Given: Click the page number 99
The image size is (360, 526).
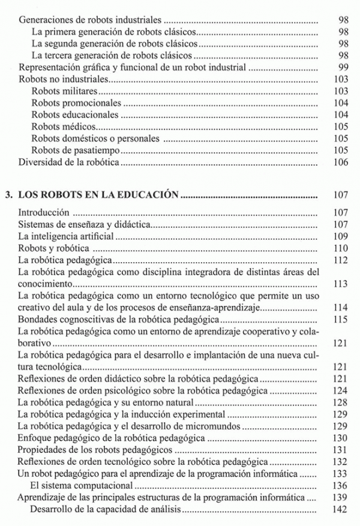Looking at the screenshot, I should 343,67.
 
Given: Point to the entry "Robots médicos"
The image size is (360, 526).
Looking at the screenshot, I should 63,126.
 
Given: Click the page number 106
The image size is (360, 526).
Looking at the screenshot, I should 340,161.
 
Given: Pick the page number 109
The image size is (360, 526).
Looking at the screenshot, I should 340,236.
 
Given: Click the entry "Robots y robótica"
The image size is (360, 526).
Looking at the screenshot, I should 53,248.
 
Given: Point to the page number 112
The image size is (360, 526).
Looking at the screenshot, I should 340,260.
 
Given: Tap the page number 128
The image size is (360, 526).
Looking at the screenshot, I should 340,402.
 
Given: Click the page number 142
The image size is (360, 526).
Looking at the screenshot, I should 340,509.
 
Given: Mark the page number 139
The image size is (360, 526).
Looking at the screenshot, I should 340,497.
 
